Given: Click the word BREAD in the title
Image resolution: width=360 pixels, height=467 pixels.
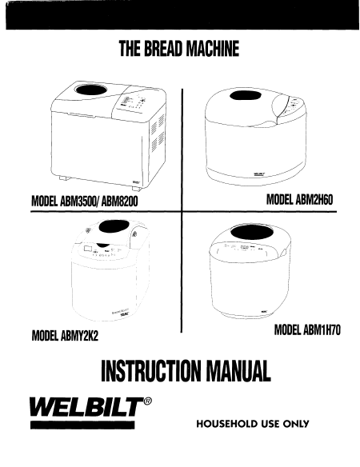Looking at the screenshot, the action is point(162,49).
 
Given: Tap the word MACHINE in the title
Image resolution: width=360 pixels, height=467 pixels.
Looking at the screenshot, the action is point(211,49).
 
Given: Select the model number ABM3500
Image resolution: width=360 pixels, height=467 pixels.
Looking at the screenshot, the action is point(79,202).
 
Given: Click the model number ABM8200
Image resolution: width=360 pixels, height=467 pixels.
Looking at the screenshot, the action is point(120,202).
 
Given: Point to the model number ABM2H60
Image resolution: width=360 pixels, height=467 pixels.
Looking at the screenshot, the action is point(314,199).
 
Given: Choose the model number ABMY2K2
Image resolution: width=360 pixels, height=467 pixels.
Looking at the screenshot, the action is point(79,336).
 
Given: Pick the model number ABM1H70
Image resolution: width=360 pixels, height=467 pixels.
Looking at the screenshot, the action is point(322,329).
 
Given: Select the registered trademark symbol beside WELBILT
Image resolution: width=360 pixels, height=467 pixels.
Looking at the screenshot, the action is point(147,401).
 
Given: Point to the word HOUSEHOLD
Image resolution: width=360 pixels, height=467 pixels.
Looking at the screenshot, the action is point(227,424).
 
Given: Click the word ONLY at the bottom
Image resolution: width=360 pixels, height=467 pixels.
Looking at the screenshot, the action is point(296,424).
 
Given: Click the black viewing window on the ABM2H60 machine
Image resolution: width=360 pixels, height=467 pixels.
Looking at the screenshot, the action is point(246,96).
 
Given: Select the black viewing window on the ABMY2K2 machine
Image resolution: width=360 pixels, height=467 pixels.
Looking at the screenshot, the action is point(114,228).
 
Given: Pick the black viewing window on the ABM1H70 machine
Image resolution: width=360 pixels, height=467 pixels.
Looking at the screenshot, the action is point(252,232).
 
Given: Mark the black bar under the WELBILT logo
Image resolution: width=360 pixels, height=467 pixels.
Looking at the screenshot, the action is point(82,425).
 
